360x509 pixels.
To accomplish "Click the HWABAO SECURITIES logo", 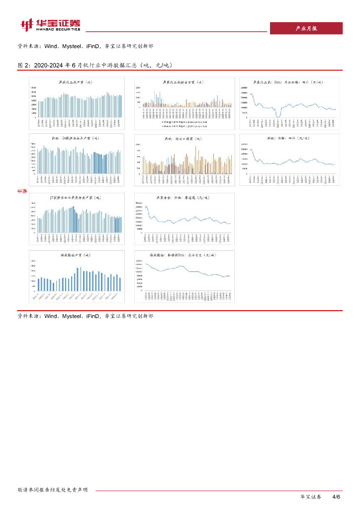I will pos(50,24).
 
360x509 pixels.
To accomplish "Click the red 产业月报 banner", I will pos(306,28).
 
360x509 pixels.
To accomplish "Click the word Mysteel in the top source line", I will pos(75,46).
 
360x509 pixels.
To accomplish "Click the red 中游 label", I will pos(35,191).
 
